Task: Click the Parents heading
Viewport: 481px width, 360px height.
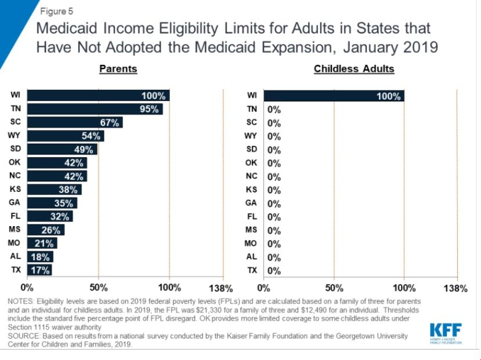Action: (118, 69)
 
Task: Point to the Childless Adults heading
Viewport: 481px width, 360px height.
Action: (353, 69)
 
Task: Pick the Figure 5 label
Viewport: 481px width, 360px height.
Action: (56, 11)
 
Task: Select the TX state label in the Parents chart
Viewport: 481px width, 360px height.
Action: (15, 270)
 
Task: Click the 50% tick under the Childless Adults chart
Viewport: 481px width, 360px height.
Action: (334, 288)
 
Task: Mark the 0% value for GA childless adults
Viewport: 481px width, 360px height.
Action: (274, 203)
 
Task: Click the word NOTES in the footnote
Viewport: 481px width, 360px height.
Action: (21, 302)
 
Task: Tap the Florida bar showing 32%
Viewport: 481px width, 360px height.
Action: (50, 217)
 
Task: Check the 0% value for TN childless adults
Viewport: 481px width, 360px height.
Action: (274, 110)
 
